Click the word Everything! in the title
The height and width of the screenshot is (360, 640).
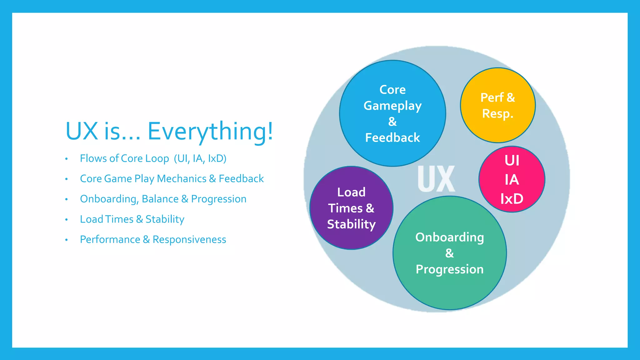point(210,131)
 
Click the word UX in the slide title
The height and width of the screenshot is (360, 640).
point(82,131)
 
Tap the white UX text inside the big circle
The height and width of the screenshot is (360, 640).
point(436,179)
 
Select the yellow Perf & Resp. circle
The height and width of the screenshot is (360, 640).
point(497,105)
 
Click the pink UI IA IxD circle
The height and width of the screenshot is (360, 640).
point(512,179)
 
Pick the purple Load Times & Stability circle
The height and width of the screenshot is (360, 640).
point(351,208)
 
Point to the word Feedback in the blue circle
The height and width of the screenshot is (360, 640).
point(392,138)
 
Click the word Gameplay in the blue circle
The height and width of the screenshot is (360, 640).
point(392,106)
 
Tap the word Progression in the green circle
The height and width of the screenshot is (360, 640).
point(449,269)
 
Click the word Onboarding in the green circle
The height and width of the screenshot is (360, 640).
point(449,237)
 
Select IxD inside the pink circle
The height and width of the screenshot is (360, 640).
point(512,199)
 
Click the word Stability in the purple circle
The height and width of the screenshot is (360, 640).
point(351,224)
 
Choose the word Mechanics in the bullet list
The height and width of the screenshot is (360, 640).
point(182,179)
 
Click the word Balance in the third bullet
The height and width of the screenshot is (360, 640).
point(160,199)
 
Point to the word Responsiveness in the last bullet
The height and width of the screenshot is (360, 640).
point(189,240)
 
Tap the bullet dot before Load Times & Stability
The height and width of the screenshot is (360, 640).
point(66,220)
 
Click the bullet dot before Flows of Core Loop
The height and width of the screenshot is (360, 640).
point(66,159)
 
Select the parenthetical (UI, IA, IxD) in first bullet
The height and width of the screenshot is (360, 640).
point(200,159)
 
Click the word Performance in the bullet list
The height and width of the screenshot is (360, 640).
point(110,240)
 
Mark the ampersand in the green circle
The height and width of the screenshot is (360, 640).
point(449,253)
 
